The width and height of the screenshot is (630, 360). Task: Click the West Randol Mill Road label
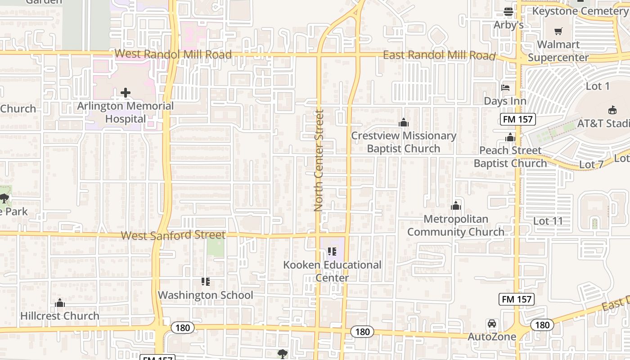click(x=173, y=54)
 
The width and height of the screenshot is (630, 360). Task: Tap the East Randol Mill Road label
click(x=439, y=55)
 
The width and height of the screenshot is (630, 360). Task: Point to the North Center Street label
click(x=319, y=161)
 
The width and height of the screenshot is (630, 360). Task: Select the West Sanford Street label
click(x=173, y=235)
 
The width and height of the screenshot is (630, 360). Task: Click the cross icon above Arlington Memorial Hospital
click(x=126, y=93)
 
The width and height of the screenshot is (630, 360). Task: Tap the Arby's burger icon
click(x=508, y=12)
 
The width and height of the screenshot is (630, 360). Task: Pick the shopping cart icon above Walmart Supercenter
click(x=558, y=31)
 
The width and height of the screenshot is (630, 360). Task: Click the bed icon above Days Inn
click(x=505, y=88)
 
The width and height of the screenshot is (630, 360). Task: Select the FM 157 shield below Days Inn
click(x=517, y=119)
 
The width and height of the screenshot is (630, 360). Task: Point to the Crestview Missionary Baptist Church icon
click(x=404, y=122)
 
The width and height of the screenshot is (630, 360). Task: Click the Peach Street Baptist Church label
click(x=510, y=157)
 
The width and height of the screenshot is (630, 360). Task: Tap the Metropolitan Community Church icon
click(x=456, y=206)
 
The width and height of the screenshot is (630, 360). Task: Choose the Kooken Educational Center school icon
click(x=332, y=252)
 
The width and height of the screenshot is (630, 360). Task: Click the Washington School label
click(x=205, y=295)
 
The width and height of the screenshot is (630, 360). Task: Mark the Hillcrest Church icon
click(x=60, y=303)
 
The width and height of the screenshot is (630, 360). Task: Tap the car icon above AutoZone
click(x=492, y=324)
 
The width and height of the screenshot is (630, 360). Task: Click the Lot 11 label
click(x=548, y=221)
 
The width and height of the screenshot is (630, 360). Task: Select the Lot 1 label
click(x=598, y=86)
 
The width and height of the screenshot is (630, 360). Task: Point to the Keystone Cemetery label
click(x=580, y=11)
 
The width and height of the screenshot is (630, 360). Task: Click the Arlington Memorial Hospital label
click(x=126, y=112)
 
